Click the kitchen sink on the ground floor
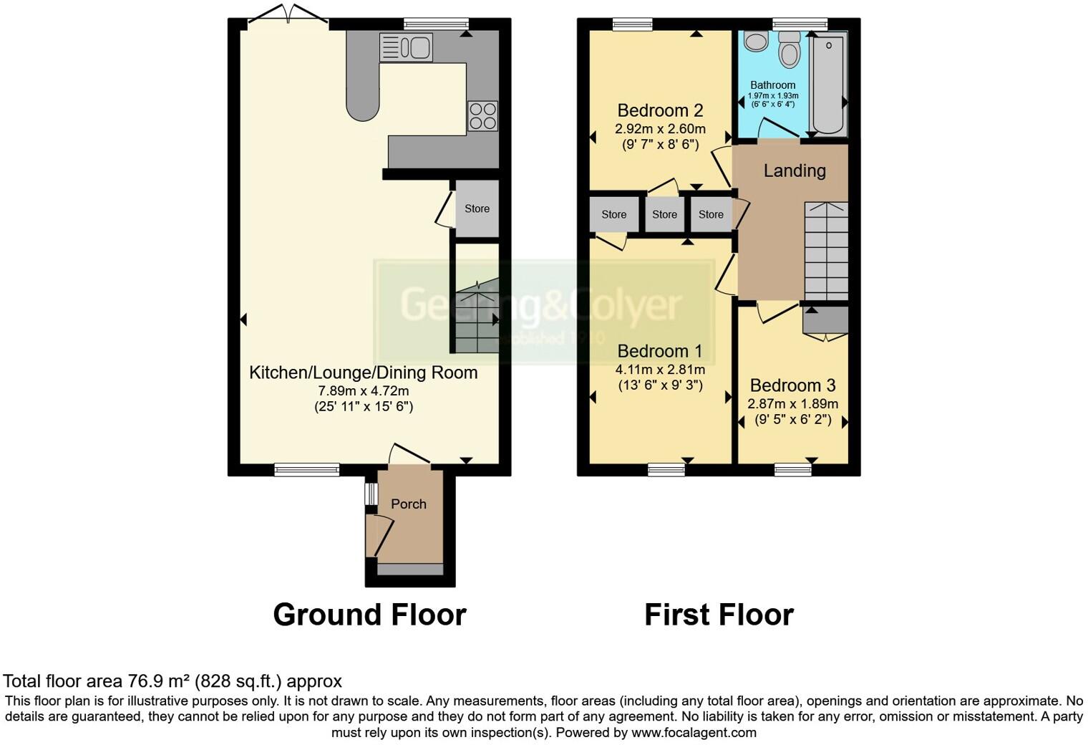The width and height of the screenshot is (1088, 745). coord(407,48)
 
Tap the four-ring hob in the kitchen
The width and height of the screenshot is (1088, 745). coord(482,116)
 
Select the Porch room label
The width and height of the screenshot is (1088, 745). coord(408,504)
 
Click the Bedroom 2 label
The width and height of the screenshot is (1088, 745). coord(660,110)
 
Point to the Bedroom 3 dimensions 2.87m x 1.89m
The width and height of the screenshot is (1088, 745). coord(792,404)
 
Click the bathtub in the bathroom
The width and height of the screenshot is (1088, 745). coord(827,84)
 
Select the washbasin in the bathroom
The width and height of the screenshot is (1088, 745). coord(756,41)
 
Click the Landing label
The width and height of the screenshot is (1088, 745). coord(794,170)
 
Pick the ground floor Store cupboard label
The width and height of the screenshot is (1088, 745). coord(477,208)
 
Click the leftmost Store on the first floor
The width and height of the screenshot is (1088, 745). coord(613,214)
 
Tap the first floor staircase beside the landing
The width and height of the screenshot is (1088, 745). coord(826,251)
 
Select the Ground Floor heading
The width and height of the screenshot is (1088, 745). coord(369,615)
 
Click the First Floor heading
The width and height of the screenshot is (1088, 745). coord(719,615)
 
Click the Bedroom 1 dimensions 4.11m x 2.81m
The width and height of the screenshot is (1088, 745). coord(660,370)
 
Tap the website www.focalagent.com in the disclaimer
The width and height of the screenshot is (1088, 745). coord(694,733)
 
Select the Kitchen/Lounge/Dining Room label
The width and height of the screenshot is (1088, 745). coord(363,372)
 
